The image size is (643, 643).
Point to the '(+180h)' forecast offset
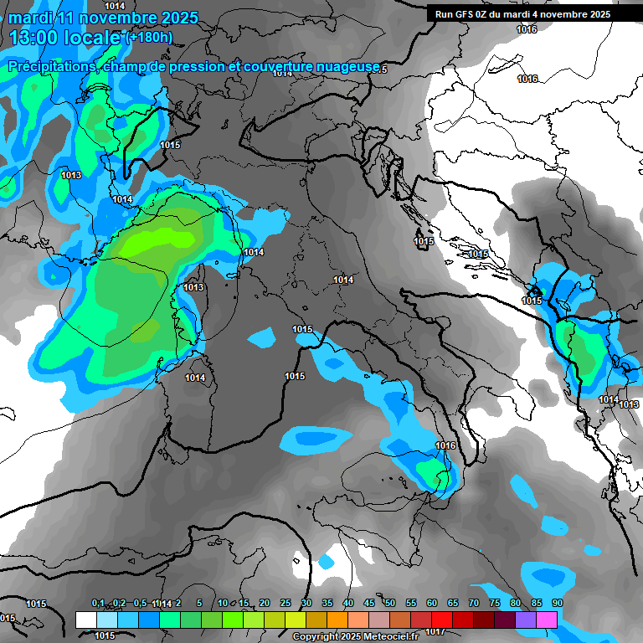click(x=149, y=37)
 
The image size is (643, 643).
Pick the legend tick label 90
click(x=557, y=604)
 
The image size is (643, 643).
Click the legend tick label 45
click(x=369, y=604)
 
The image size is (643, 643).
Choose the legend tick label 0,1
click(x=98, y=604)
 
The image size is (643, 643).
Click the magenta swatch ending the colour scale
click(x=547, y=620)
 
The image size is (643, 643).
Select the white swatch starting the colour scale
click(x=85, y=620)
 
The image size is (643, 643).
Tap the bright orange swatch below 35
click(x=337, y=620)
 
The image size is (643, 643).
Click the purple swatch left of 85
click(x=526, y=620)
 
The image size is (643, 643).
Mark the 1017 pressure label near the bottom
click(x=435, y=631)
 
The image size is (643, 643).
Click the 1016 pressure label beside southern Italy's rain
click(x=446, y=445)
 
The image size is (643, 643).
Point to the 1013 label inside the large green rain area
click(x=193, y=287)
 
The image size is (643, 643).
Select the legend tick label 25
click(x=285, y=604)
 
